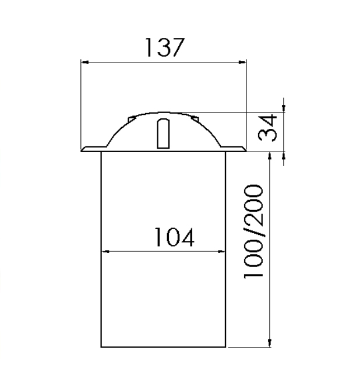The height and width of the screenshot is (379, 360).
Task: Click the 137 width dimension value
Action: pyautogui.click(x=164, y=47)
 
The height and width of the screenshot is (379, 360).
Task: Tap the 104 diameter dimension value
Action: pyautogui.click(x=174, y=237)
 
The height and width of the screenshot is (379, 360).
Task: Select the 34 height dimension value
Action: pyautogui.click(x=267, y=128)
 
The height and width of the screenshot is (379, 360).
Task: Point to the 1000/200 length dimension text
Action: pyautogui.click(x=253, y=232)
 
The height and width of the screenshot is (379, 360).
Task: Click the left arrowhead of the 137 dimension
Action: pyautogui.click(x=84, y=62)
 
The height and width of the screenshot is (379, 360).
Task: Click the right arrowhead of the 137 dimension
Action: pyautogui.click(x=242, y=62)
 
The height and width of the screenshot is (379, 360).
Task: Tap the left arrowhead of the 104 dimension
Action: pyautogui.click(x=105, y=252)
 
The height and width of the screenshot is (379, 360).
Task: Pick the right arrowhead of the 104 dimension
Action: pyautogui.click(x=221, y=252)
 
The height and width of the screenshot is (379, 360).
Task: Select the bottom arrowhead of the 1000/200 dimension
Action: pyautogui.click(x=270, y=343)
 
